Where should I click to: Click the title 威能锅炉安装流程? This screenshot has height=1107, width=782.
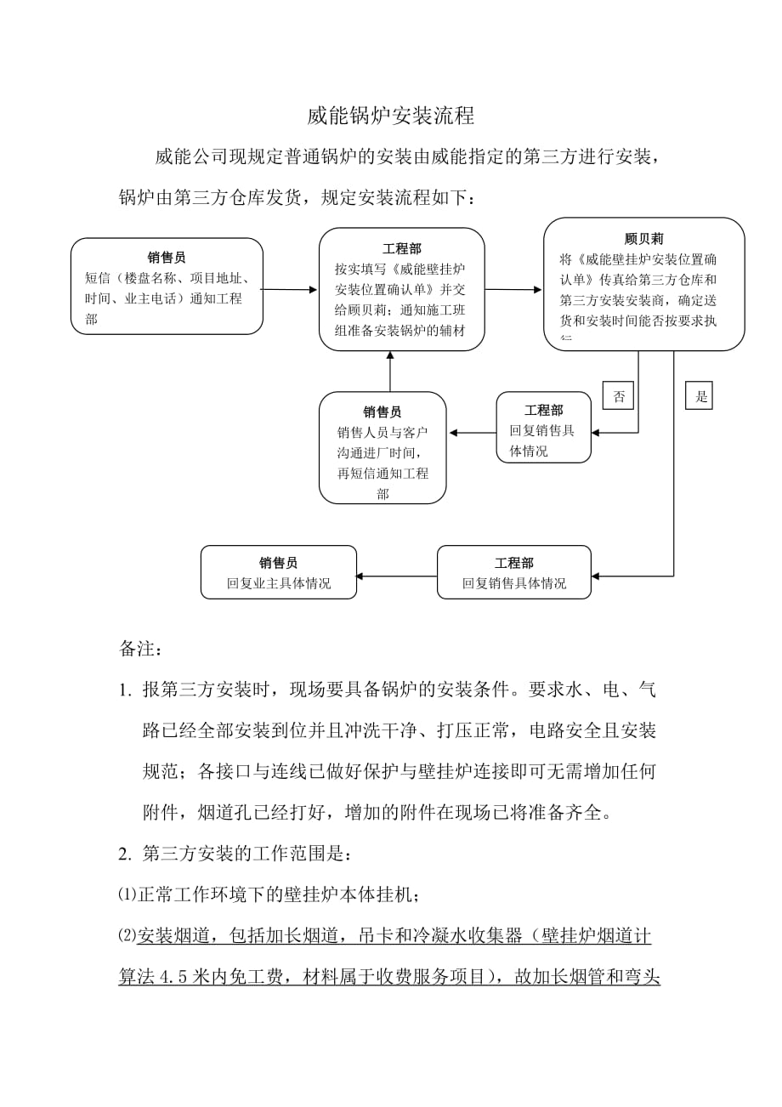[391, 116]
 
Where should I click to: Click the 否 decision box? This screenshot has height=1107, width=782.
[618, 395]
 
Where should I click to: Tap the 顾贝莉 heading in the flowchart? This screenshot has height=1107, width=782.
[643, 239]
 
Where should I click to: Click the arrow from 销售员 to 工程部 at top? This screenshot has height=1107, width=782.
[290, 289]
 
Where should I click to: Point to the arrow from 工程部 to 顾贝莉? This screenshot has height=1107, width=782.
[513, 290]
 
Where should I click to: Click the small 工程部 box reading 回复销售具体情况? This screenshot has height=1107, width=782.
[543, 428]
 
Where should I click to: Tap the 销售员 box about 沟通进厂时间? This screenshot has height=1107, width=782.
[382, 446]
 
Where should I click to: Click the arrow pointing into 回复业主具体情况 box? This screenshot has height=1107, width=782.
[396, 576]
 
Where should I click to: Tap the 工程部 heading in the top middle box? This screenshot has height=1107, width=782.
[401, 248]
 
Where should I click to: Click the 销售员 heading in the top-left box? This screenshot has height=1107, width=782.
[167, 257]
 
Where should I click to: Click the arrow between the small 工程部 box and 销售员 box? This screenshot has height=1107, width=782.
[473, 434]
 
